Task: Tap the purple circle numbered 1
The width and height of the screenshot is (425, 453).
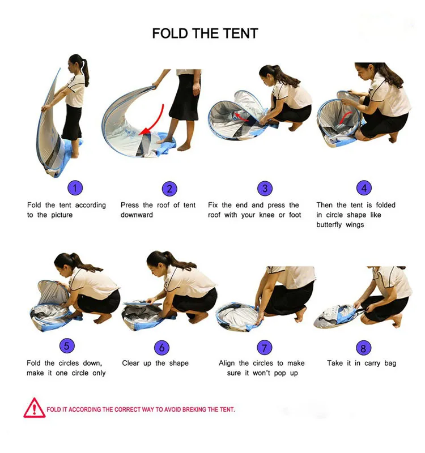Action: pos(75,188)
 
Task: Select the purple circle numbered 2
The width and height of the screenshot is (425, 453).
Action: pos(169,189)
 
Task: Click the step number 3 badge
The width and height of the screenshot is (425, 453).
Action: pos(265,189)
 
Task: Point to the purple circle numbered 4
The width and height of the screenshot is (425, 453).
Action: pos(364,188)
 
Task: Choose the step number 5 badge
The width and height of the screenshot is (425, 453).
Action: pos(67,346)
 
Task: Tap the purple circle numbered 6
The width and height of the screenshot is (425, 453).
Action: pos(162,348)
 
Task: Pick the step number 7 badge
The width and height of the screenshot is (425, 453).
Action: pos(265,348)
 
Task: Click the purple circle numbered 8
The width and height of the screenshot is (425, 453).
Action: pos(363,348)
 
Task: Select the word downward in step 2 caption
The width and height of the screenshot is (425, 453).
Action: pos(137,215)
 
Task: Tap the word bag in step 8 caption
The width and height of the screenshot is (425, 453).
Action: pos(390,364)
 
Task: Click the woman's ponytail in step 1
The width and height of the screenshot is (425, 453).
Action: pos(86,71)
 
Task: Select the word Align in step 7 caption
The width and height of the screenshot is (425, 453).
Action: pos(227,364)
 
